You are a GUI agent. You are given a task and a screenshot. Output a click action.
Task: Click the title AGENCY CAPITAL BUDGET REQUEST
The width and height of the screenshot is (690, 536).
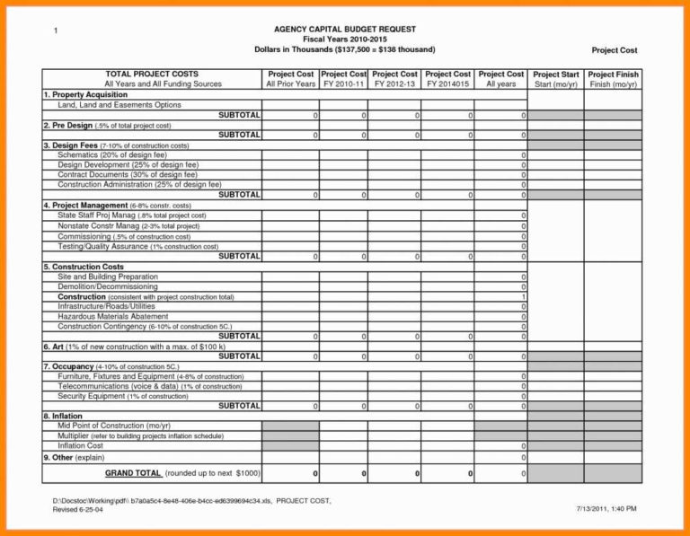(344, 30)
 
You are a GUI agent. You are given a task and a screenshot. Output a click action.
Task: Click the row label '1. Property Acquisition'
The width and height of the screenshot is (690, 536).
(87, 94)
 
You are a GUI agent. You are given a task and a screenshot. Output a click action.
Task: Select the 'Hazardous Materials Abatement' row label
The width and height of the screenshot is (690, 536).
(112, 317)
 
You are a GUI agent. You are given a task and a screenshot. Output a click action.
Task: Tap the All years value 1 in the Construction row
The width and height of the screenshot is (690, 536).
(523, 296)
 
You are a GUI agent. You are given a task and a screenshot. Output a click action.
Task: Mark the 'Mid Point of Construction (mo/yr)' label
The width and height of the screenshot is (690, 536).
(114, 426)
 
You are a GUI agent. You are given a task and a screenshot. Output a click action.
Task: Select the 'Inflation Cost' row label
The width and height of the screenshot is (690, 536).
(81, 445)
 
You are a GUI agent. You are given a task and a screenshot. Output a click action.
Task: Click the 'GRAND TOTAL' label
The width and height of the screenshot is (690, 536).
(133, 473)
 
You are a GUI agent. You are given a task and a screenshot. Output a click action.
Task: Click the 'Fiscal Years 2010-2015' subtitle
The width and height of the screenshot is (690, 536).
(344, 40)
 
